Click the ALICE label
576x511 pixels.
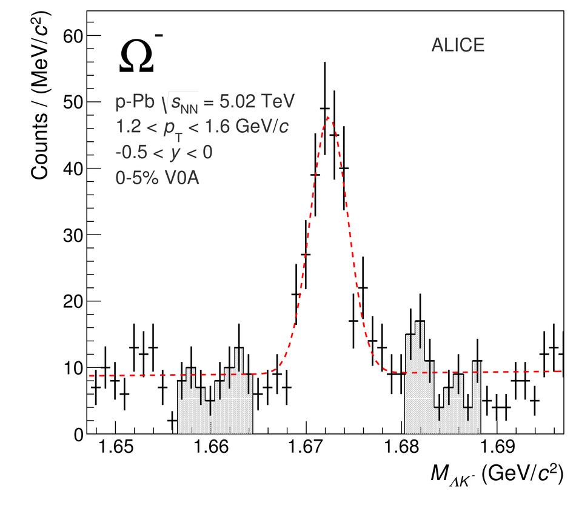pyautogui.click(x=458, y=45)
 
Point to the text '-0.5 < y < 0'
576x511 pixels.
pyautogui.click(x=164, y=153)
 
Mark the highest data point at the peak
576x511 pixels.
pyautogui.click(x=324, y=109)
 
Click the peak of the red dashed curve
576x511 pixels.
pyautogui.click(x=328, y=117)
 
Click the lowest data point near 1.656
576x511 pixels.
pyautogui.click(x=172, y=420)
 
